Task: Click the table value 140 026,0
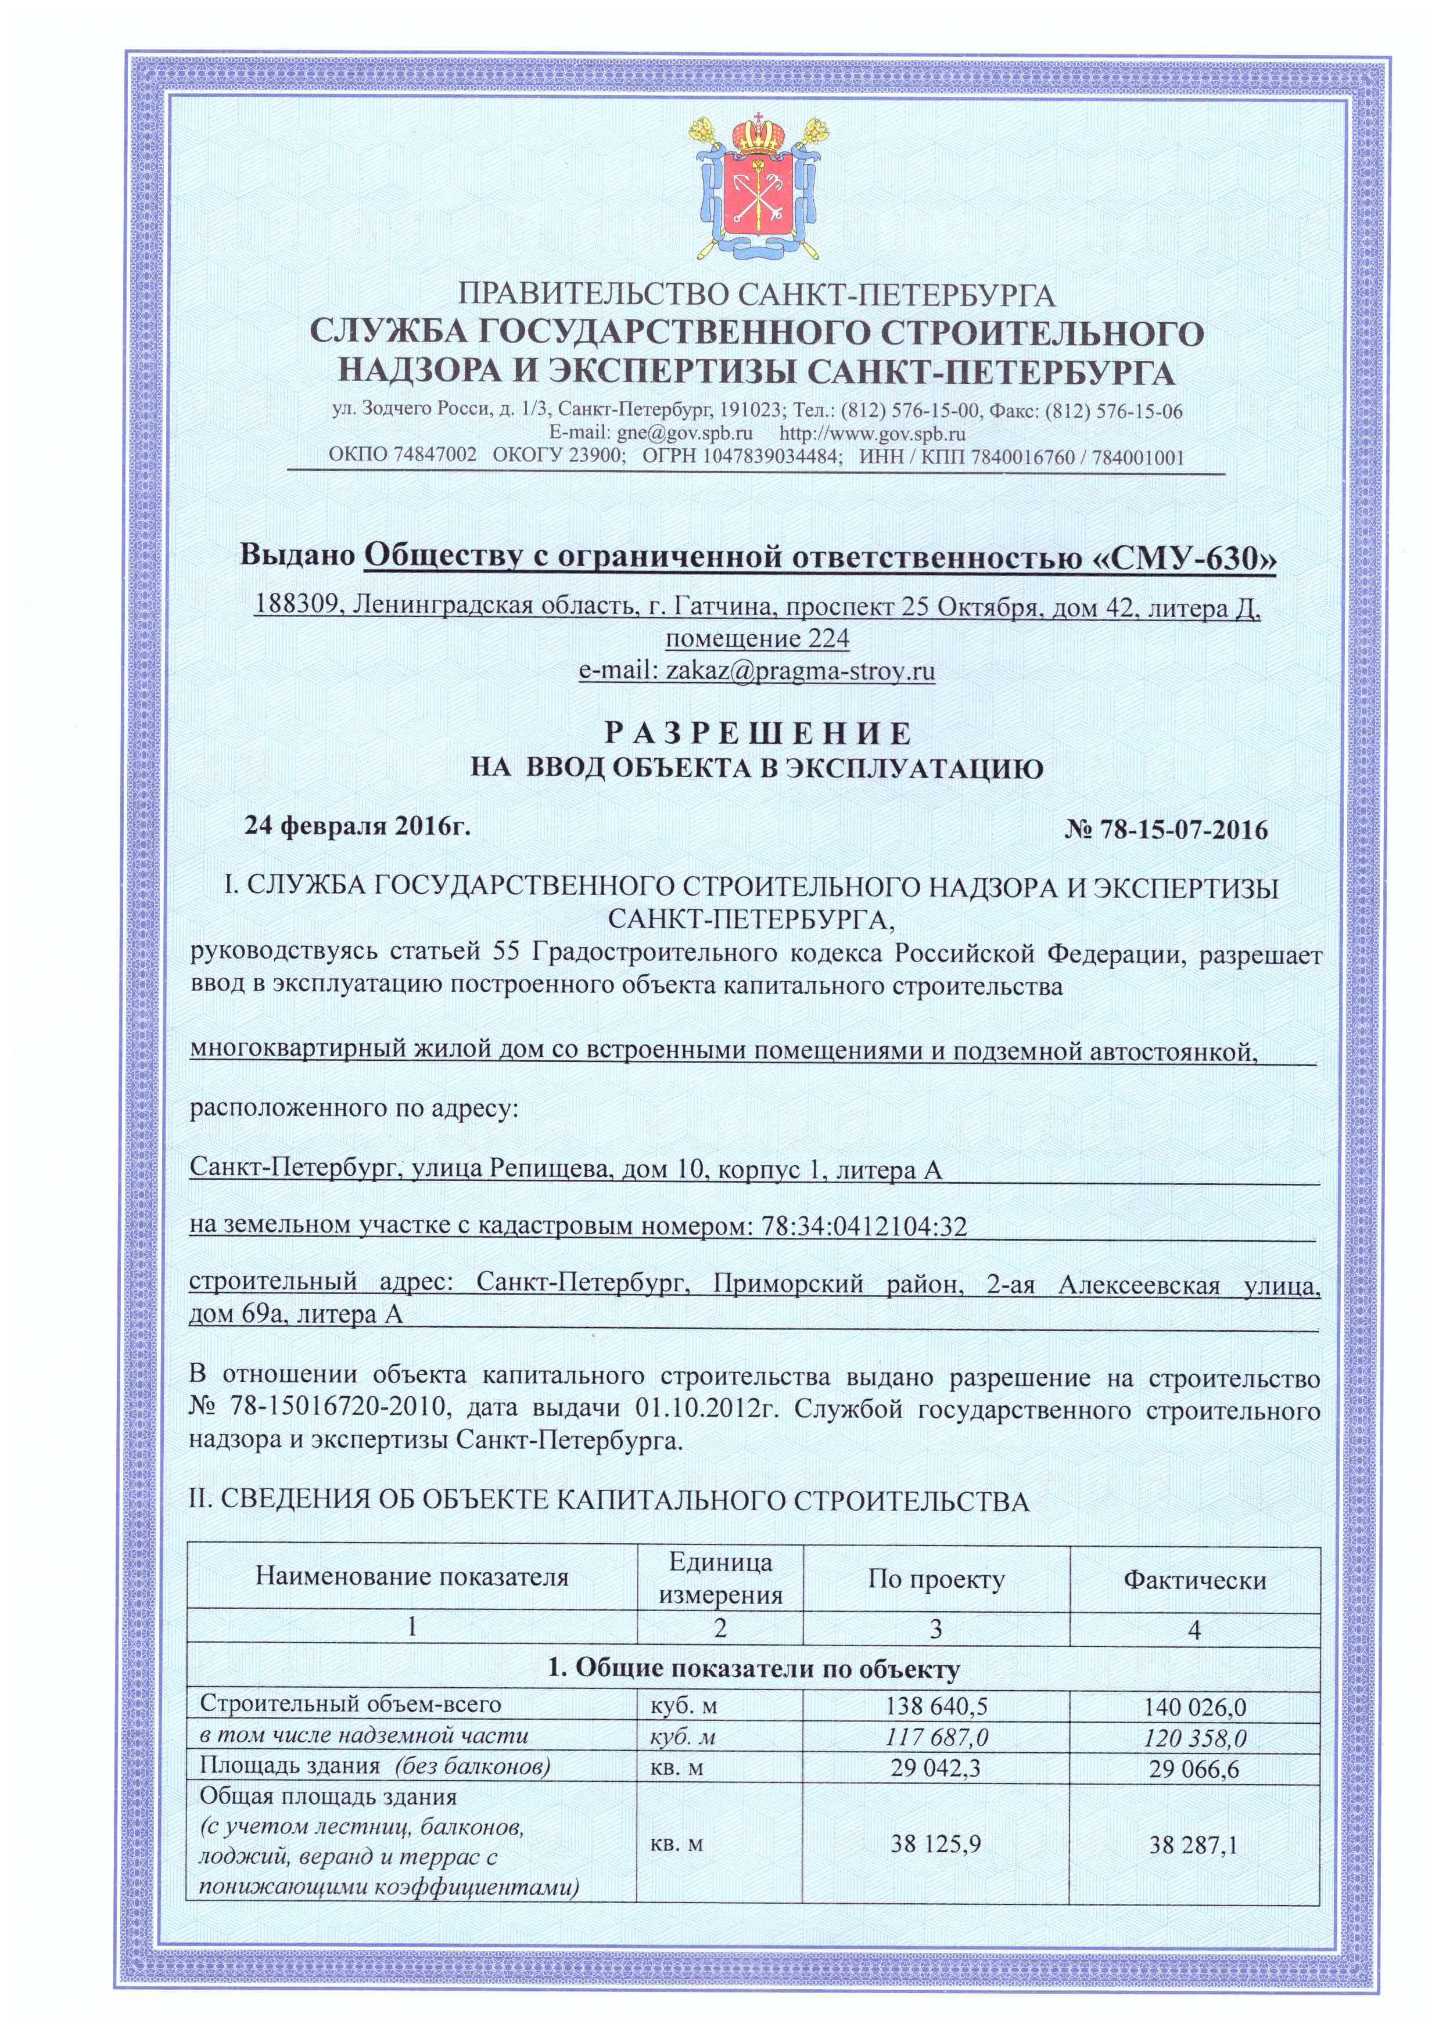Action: (1194, 1706)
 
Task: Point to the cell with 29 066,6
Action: (1194, 1769)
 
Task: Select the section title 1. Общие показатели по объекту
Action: (753, 1670)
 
